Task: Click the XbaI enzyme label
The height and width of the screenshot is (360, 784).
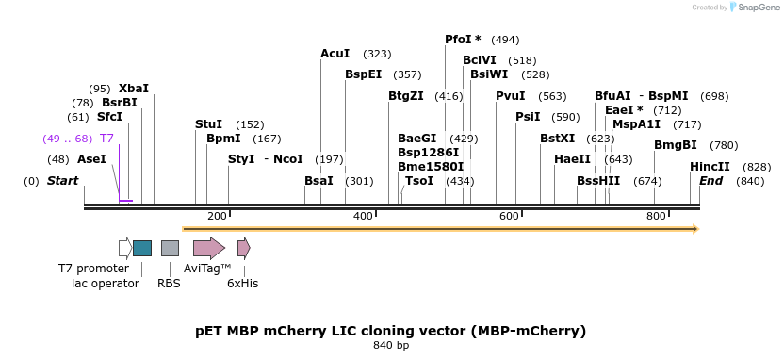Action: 134,88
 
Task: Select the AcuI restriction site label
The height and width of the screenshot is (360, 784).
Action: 335,54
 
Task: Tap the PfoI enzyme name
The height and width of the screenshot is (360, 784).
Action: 458,40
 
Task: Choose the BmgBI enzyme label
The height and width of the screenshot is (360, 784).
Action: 676,145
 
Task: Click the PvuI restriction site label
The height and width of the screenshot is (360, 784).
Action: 511,95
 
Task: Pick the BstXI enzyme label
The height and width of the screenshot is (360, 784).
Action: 557,138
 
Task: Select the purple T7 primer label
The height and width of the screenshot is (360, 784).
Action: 106,139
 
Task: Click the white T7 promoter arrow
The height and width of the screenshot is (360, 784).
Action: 125,248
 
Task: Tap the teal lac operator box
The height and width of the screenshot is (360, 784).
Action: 142,248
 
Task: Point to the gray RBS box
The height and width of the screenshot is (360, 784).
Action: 170,248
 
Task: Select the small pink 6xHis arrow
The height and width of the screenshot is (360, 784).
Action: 243,248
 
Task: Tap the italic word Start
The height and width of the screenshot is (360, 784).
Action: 63,180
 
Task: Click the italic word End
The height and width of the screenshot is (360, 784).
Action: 710,180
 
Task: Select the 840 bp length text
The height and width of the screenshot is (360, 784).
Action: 391,346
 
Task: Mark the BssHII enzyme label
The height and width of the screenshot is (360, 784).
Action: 598,180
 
